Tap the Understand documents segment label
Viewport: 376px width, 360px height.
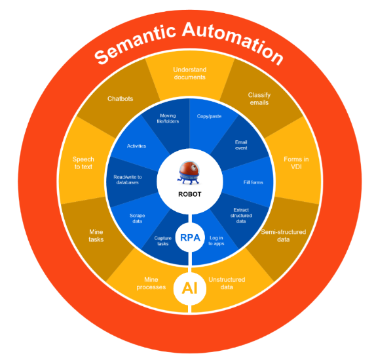(x=189, y=73)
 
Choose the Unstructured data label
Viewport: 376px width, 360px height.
(x=225, y=283)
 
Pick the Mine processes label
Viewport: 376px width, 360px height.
(x=151, y=283)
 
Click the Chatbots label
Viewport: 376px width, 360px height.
(x=120, y=99)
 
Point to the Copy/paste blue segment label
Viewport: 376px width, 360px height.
(x=208, y=116)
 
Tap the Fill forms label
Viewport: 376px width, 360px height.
(x=252, y=182)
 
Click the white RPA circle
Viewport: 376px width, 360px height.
(x=189, y=237)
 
